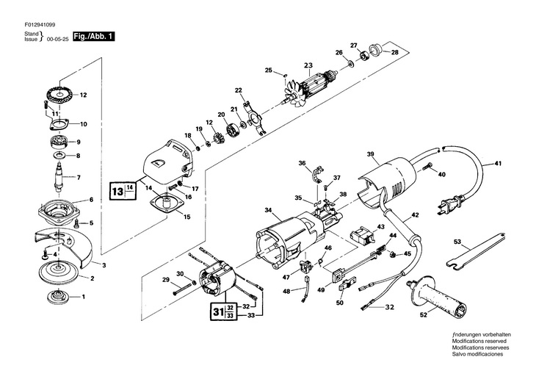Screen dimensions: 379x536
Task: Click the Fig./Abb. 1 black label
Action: coord(94,36)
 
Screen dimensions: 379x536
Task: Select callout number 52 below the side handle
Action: coord(423,315)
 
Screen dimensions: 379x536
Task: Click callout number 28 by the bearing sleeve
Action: coord(395,52)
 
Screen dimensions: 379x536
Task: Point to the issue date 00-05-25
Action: coord(59,41)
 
